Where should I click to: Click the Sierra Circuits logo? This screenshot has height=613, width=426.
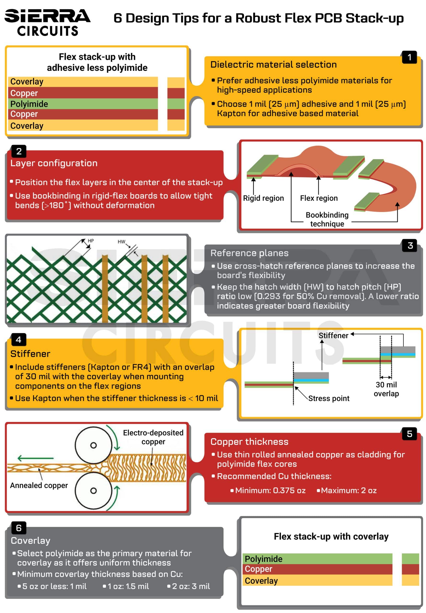tap(47, 23)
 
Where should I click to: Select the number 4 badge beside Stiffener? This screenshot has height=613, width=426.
tap(18, 339)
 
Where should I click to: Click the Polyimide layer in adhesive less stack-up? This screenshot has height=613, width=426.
tap(83, 104)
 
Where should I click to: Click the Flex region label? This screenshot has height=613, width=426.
tap(319, 198)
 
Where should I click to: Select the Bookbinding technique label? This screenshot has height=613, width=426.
tap(327, 219)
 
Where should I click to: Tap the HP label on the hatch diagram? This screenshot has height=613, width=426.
tap(91, 241)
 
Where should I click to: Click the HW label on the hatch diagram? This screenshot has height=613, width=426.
tap(121, 242)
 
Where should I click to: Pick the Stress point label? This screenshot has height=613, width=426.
tap(328, 398)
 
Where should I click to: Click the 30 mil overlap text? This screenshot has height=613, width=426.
tap(386, 389)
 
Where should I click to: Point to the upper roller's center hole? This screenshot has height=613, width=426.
tap(93, 445)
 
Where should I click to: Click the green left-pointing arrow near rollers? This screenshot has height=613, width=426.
tap(35, 458)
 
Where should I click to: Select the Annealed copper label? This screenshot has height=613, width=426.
tap(39, 485)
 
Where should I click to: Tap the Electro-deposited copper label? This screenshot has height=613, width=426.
tap(153, 437)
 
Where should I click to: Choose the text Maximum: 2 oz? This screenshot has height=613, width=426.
tap(348, 490)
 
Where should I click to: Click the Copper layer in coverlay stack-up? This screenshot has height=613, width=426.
tap(318, 569)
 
